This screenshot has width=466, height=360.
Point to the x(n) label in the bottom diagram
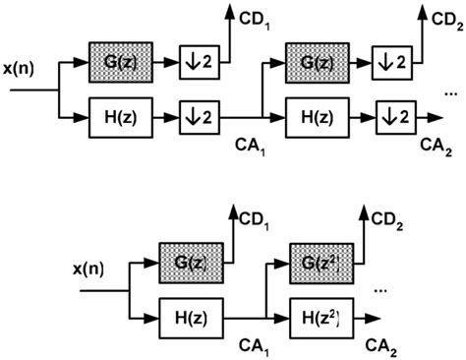[94, 269]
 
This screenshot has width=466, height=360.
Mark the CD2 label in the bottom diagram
[385, 215]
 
